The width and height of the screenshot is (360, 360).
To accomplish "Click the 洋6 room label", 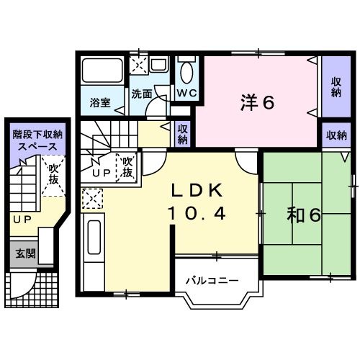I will [257, 103].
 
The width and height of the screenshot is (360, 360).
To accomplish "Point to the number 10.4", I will [199, 212].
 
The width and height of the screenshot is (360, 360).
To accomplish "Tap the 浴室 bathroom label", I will [100, 102].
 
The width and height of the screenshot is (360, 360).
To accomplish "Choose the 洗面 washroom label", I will [141, 94].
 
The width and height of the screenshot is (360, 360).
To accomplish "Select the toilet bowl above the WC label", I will [186, 73].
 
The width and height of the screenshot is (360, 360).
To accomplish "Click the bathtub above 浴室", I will [102, 72].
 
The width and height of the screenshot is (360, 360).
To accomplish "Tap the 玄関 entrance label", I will [23, 253].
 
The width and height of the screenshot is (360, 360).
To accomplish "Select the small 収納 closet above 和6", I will [336, 135].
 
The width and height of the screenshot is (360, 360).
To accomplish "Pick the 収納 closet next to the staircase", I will [183, 134].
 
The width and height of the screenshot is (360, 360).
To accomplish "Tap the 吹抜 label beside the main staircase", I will [127, 167].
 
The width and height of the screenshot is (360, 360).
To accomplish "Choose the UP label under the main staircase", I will [100, 174].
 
